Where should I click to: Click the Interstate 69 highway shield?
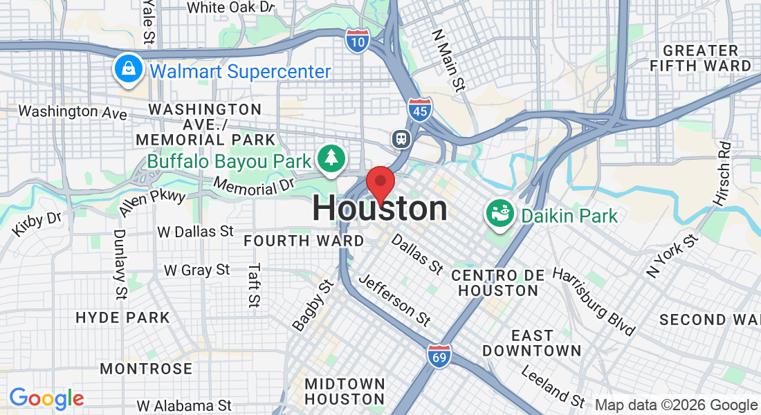(x=439, y=356)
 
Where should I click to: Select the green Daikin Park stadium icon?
(x=499, y=214)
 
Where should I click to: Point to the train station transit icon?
(x=401, y=138)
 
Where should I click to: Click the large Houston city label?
(x=380, y=209)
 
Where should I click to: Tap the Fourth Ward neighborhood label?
(x=304, y=241)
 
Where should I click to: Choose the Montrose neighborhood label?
(x=146, y=368)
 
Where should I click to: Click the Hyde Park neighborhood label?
(x=122, y=318)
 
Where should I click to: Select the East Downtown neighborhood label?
(x=532, y=343)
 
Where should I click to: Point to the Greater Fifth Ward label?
(x=700, y=58)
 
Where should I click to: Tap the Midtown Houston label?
(x=345, y=391)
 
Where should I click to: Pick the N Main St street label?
(x=448, y=59)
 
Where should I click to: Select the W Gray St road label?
(x=196, y=269)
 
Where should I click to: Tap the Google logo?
(x=46, y=398)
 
